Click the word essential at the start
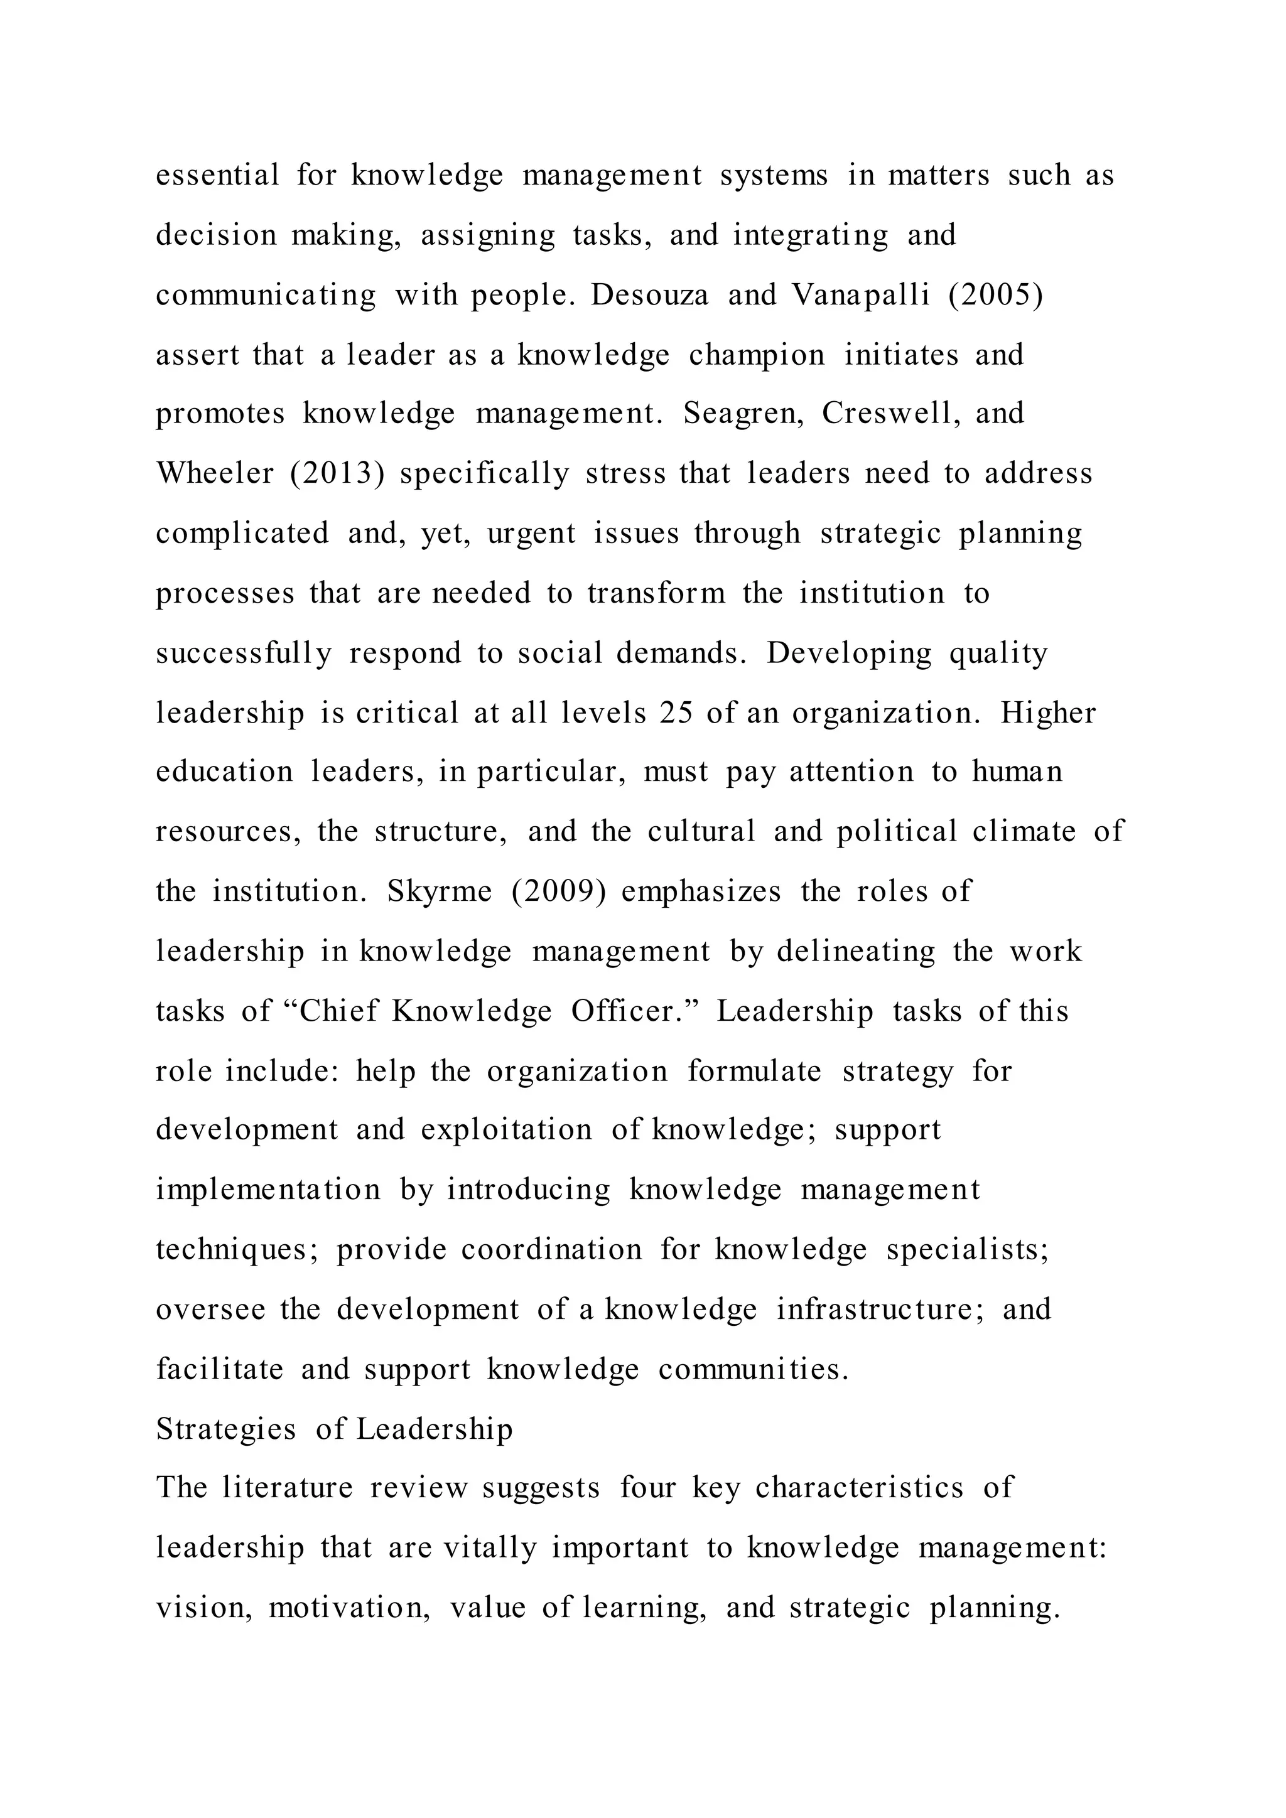[x=217, y=175]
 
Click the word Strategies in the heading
[x=225, y=1429]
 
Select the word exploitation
[x=506, y=1130]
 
